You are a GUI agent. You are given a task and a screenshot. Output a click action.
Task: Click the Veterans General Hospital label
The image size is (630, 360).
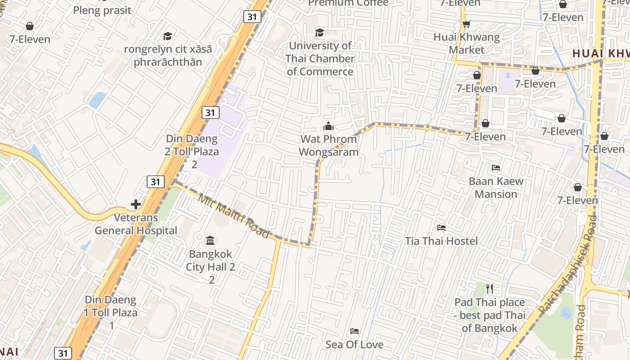tap(135, 224)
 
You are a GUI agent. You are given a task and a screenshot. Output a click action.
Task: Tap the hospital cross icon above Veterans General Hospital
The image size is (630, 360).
tap(135, 204)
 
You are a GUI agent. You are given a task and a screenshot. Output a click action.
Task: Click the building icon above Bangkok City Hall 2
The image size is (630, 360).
tap(210, 240)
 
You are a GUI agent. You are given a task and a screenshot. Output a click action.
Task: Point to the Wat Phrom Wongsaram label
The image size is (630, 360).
tap(328, 145)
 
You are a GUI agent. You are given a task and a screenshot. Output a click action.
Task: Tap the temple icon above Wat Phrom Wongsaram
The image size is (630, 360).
tap(328, 126)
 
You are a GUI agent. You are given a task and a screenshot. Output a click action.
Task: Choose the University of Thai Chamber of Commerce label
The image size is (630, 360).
tap(320, 58)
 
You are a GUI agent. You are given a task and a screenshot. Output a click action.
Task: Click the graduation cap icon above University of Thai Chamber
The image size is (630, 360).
tap(319, 32)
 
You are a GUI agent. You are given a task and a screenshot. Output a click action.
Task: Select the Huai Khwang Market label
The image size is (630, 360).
tap(466, 43)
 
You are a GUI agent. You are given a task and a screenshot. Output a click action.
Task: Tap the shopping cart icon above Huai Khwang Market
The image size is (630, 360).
tap(466, 23)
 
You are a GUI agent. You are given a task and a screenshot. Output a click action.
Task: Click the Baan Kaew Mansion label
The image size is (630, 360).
tap(496, 188)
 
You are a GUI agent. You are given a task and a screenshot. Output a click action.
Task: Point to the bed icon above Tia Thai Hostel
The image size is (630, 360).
tap(441, 228)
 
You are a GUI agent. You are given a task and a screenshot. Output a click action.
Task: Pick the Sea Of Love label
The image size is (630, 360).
tap(355, 345)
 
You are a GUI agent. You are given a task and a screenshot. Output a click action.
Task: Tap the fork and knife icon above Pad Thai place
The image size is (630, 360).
tap(490, 288)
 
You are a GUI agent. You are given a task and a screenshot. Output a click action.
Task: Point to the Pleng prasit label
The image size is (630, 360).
tap(102, 10)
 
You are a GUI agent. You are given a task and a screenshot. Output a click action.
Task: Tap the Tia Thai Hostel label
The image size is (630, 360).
tap(441, 241)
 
